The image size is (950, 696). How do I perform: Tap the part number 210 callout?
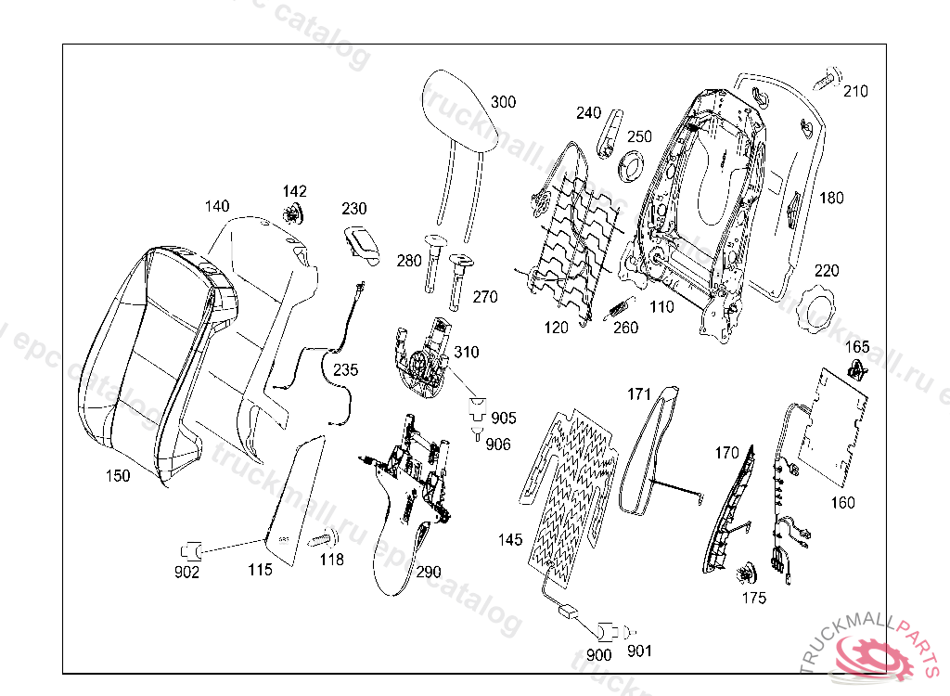[x=856, y=91]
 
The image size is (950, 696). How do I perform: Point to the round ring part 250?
[x=634, y=166]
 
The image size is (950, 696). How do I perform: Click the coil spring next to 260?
[x=619, y=308]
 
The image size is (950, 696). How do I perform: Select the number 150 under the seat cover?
[x=118, y=476]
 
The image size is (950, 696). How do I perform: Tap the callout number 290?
[x=429, y=573]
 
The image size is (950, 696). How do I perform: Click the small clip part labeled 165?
[x=859, y=372]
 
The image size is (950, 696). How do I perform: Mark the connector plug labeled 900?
[x=608, y=631]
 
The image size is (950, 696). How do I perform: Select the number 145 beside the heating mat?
[x=510, y=539]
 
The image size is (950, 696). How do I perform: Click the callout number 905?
[x=504, y=419]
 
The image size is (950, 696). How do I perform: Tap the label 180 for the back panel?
[x=832, y=198]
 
